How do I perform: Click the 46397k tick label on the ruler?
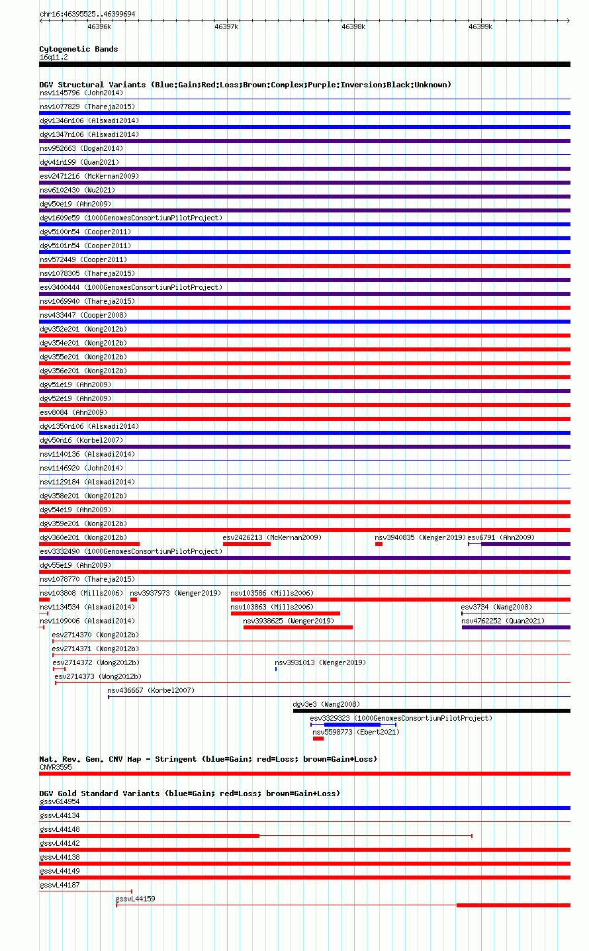(226, 26)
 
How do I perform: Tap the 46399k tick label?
(480, 26)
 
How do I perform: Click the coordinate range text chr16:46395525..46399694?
(87, 14)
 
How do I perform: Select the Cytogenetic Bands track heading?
(79, 49)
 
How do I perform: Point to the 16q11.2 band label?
(54, 58)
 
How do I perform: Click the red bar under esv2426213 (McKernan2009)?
(247, 544)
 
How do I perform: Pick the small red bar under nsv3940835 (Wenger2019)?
(379, 544)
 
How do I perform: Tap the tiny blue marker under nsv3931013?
(276, 669)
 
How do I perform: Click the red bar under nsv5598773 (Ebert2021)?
(318, 739)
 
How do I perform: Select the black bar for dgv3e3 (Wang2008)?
(431, 711)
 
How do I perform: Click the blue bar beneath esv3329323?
(353, 725)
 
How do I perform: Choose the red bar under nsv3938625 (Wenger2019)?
(298, 627)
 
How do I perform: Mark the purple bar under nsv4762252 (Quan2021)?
(516, 627)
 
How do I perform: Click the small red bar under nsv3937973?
(134, 600)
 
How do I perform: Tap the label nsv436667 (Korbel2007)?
(151, 690)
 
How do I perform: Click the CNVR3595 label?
(56, 767)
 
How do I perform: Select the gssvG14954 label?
(60, 801)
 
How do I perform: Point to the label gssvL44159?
(135, 899)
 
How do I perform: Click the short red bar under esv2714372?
(59, 669)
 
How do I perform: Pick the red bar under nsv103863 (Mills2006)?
(285, 613)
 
